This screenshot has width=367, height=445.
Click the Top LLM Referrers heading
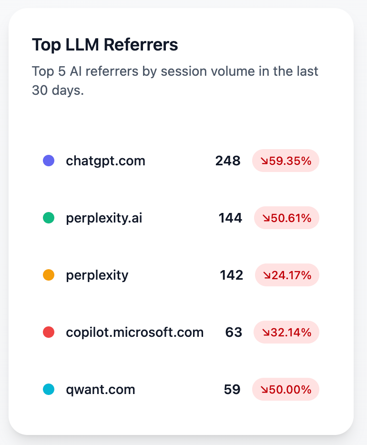point(105,45)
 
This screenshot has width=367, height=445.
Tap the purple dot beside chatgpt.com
point(49,161)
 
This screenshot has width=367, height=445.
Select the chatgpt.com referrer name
point(105,161)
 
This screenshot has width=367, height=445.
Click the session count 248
point(228,161)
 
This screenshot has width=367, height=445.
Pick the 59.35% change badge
point(285,161)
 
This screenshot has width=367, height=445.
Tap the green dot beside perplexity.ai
point(49,218)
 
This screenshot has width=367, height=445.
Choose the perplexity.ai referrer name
point(104,218)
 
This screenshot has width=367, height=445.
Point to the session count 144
point(230,218)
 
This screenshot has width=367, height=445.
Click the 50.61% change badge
point(286,218)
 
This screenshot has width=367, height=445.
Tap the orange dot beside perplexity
point(49,275)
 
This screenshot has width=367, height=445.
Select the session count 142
point(231,275)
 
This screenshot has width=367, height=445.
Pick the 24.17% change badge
point(287,275)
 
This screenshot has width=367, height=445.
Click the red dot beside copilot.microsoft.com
point(49,332)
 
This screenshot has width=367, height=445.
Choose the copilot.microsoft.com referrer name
point(134,332)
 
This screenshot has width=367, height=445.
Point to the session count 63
point(234,332)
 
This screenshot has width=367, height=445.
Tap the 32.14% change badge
point(286,332)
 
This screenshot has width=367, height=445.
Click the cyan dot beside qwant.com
point(49,389)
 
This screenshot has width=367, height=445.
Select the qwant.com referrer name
point(101,389)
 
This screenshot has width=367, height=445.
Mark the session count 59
point(232,389)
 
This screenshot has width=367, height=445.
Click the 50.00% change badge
point(285,389)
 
